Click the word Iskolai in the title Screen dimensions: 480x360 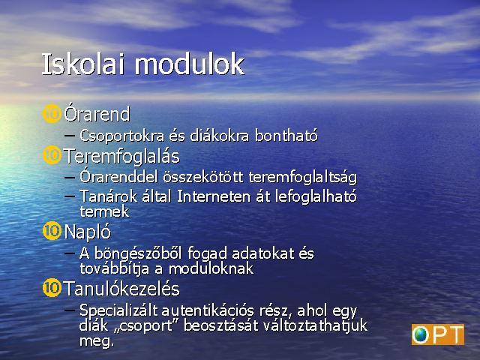coord(83,64)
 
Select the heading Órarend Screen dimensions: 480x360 coord(97,114)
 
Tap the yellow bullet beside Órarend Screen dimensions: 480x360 coord(52,114)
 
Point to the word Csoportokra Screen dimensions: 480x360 coord(121,136)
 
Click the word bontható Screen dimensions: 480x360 coord(286,136)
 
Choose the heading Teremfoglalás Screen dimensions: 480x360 coord(121,157)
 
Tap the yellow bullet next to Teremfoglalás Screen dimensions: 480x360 coord(52,155)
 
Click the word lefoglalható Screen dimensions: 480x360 coord(316,196)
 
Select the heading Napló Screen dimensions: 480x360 coord(88,232)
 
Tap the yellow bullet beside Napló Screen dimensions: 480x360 coord(52,230)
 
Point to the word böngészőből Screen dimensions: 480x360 coord(138,254)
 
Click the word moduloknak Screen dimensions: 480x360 coord(211,268)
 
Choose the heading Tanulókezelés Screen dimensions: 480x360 coord(121,289)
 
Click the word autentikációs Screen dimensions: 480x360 coord(208,310)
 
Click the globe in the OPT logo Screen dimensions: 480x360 coord(421,334)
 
